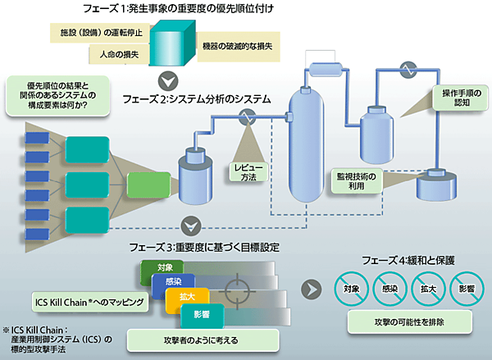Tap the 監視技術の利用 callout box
pyautogui.click(x=356, y=181)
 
